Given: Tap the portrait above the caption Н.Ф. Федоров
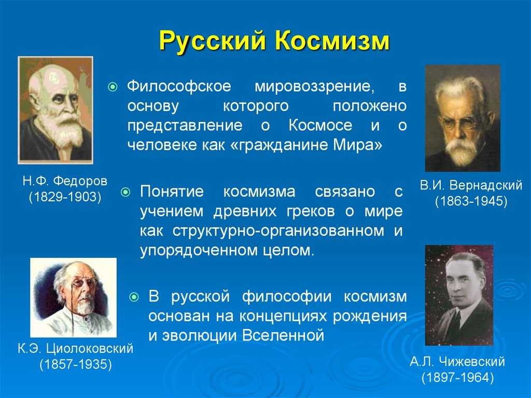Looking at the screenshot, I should (x=55, y=109).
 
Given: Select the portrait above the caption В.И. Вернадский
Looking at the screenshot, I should (x=463, y=118).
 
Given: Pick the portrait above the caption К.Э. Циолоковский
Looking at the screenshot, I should (x=73, y=297).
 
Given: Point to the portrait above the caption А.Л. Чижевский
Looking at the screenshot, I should (x=459, y=295).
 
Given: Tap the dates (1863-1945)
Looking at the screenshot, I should (x=470, y=201).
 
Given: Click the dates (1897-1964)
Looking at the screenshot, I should (x=456, y=377).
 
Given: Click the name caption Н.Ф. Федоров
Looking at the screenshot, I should (x=65, y=182).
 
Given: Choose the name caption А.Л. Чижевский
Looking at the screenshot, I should (x=457, y=362).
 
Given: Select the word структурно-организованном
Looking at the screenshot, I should (x=270, y=231).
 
